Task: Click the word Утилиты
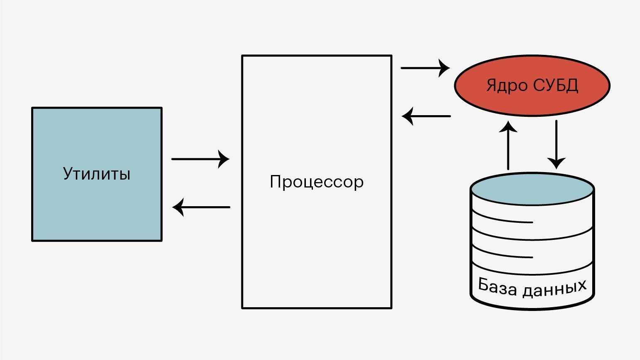coord(97,173)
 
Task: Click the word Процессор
coord(317,182)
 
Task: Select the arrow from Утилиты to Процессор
coord(199,159)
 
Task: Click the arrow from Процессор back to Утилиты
coord(202,207)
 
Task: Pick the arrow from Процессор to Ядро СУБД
coord(424,67)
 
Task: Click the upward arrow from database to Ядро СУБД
coord(508,148)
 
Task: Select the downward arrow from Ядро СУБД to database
coord(556,141)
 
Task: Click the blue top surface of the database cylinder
coord(532,190)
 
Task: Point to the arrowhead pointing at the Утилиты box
coord(178,207)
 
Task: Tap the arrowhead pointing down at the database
coord(556,163)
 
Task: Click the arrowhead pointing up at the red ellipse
coord(508,126)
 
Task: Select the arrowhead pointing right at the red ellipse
coord(445,67)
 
